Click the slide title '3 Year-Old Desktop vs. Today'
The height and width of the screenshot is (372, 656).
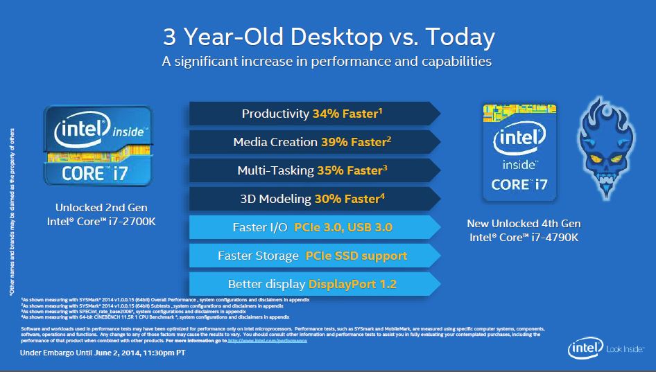click(328, 35)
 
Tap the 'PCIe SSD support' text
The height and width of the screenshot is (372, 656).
click(356, 256)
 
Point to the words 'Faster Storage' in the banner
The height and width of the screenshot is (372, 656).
click(258, 256)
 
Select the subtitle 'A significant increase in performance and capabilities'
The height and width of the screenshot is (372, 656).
click(327, 62)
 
